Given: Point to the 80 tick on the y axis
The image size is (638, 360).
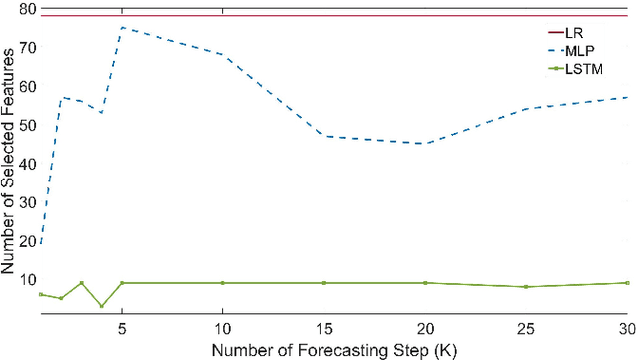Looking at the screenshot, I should (x=27, y=9).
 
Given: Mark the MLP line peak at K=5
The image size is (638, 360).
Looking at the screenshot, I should (x=121, y=27).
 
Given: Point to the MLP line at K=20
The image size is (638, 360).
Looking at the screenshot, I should (x=425, y=143).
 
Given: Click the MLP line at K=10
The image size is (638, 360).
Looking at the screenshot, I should (x=222, y=55).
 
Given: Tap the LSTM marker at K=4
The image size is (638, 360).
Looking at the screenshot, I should (x=101, y=306).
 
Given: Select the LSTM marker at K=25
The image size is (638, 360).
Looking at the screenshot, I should (x=526, y=287).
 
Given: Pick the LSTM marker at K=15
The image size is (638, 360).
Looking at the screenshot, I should (x=323, y=283).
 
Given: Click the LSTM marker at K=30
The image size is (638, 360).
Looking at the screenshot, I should (x=627, y=283).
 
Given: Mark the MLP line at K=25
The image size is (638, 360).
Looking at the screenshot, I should (x=526, y=109).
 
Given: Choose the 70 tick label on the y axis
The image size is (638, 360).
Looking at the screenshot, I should (x=27, y=47).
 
